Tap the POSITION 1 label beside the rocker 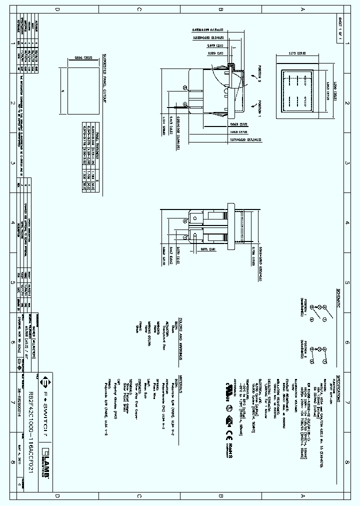(260, 107)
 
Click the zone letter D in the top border (57, 9)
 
